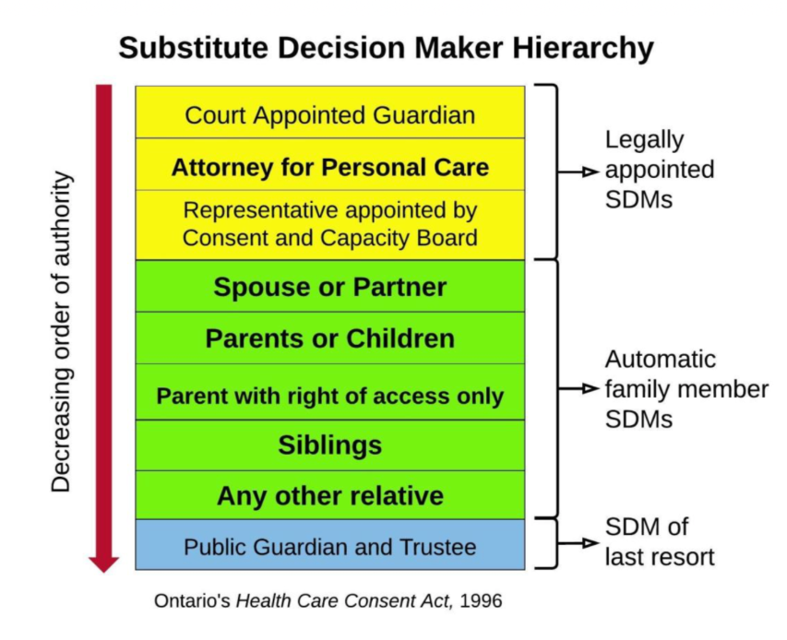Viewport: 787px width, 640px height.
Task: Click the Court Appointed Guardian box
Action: click(x=330, y=113)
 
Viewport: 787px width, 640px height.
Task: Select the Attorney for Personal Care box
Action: click(x=330, y=164)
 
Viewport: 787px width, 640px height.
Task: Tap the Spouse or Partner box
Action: click(x=330, y=286)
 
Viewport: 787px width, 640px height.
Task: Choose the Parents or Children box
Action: click(x=330, y=338)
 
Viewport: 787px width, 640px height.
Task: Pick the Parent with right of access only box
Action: click(x=330, y=392)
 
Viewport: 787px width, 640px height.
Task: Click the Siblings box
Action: click(x=330, y=445)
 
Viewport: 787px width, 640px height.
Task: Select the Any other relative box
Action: click(x=330, y=495)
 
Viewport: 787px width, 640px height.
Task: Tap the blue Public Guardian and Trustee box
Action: click(x=330, y=545)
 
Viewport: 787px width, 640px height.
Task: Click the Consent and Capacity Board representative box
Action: click(x=330, y=225)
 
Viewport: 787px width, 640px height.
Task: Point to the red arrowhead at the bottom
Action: click(x=104, y=563)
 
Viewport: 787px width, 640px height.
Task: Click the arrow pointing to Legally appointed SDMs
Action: click(x=578, y=172)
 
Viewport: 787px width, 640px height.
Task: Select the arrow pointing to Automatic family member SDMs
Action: click(x=578, y=389)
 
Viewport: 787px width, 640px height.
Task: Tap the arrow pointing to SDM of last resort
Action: click(x=578, y=543)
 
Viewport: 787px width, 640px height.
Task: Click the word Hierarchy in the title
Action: click(x=583, y=49)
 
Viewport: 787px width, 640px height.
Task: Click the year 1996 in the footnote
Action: click(x=481, y=601)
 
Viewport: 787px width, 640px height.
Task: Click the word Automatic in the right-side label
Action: click(x=661, y=360)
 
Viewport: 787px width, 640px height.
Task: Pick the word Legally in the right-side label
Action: click(x=645, y=140)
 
